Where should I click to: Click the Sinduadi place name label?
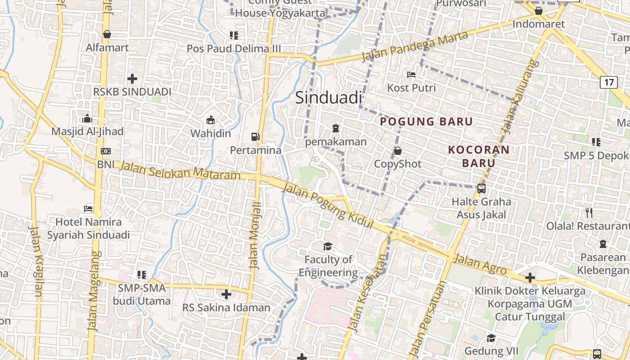tap(328, 98)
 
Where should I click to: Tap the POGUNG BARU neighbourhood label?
tap(426, 121)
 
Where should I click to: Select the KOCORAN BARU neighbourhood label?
tap(479, 156)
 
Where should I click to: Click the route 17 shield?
tap(608, 82)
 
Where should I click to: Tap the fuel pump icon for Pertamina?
tap(255, 136)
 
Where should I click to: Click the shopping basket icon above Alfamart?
tap(107, 34)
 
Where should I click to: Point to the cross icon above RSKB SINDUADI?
tap(132, 79)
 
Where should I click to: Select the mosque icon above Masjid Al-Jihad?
tap(87, 118)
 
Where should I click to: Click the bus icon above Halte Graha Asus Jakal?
tap(481, 188)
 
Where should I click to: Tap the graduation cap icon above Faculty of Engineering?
tap(328, 246)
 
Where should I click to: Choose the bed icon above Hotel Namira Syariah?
tap(88, 208)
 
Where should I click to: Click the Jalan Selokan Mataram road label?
tap(180, 171)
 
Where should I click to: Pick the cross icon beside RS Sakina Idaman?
tap(226, 294)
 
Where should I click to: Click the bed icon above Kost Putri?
tap(411, 74)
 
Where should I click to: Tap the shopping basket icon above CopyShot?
tap(397, 150)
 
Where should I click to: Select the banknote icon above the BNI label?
tap(106, 151)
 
